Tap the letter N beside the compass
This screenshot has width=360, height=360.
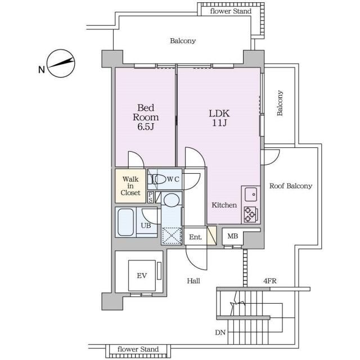pos(42,70)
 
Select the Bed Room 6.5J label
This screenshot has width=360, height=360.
pos(146,117)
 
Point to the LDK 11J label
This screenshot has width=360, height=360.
pos(219,118)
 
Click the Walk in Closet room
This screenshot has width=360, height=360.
pos(130,186)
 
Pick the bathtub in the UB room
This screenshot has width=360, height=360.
pos(125,222)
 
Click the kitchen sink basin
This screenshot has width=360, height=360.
pos(251,195)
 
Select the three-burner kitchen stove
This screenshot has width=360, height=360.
pos(251,214)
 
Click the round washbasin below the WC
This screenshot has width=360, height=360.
pos(172,200)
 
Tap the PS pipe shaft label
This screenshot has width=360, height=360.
pos(151,197)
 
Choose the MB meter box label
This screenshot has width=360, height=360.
pos(232,236)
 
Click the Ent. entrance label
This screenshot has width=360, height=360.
pos(195,237)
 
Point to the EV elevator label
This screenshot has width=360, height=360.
pos(142,276)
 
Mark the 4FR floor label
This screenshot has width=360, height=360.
pos(270,281)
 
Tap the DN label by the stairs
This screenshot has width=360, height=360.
pos(220,332)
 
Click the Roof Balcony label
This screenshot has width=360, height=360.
pos(291,186)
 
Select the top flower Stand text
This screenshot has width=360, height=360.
pos(231,11)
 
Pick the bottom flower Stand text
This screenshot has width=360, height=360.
pos(138,349)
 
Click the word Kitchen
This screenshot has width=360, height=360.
pos(224,205)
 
